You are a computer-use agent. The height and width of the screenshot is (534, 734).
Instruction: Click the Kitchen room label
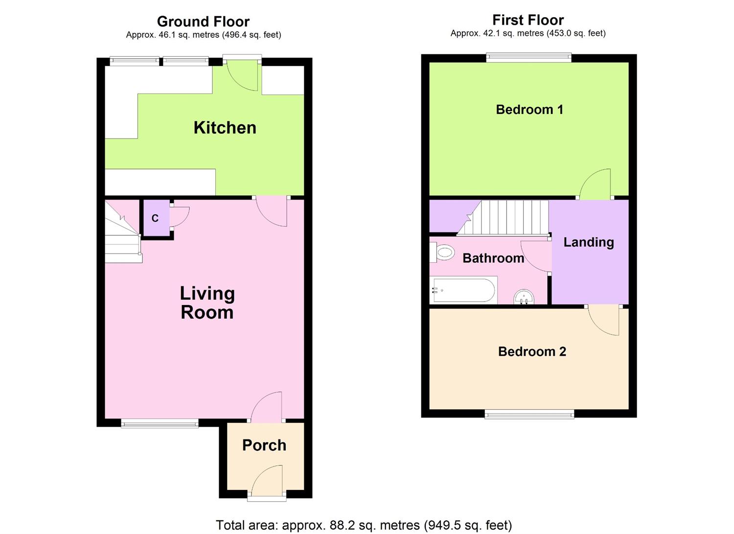(225, 128)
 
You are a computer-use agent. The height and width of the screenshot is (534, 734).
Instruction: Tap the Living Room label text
(207, 303)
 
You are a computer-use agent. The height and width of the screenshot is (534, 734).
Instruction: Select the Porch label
(264, 445)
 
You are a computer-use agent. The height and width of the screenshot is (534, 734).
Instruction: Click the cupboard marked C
(155, 218)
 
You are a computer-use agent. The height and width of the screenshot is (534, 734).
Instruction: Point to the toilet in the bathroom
(443, 253)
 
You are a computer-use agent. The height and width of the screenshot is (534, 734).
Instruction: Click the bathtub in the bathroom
(463, 290)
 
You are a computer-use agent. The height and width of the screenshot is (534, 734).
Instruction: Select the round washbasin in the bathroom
(524, 297)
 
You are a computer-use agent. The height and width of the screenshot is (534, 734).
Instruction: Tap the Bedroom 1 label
(529, 109)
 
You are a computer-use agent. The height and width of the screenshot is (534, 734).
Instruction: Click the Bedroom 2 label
(532, 351)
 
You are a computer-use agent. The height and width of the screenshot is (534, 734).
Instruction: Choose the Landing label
(588, 242)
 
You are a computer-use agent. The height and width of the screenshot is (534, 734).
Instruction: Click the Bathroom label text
(493, 258)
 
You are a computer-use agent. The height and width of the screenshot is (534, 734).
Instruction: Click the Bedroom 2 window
(529, 416)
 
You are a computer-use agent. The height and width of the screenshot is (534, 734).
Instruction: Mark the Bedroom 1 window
(528, 58)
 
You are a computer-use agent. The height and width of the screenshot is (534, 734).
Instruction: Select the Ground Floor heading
(203, 22)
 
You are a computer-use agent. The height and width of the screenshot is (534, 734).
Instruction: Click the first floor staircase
(509, 217)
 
